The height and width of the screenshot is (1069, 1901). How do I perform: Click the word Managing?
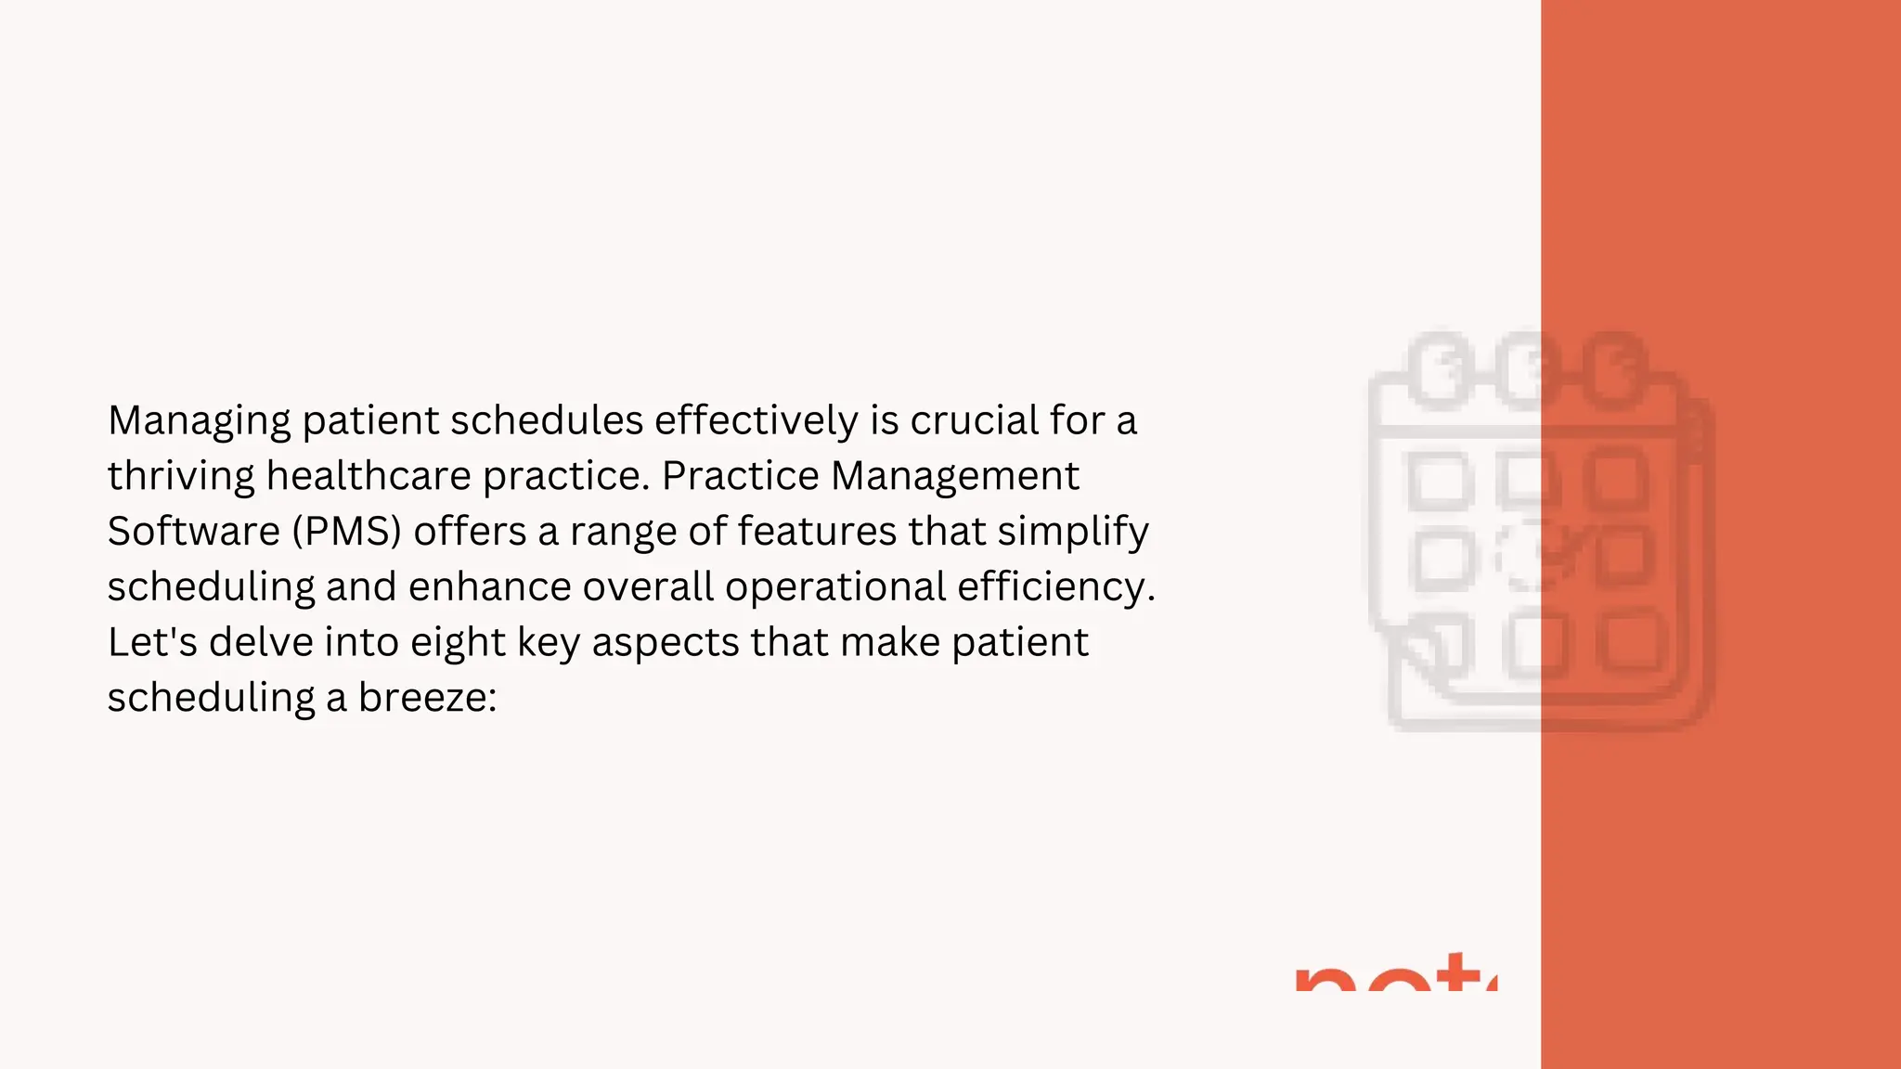(200, 421)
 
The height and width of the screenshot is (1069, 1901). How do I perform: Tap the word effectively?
(757, 420)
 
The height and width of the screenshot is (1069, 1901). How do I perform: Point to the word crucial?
(974, 420)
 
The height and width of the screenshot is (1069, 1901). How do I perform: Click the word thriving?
(181, 476)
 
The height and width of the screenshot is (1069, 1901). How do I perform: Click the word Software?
(193, 531)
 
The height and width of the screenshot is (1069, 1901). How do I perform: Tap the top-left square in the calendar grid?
(1441, 481)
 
